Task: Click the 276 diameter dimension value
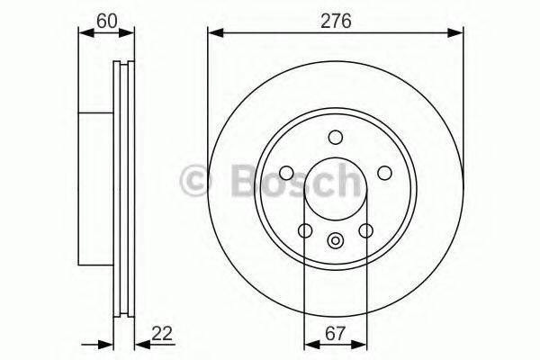(336, 18)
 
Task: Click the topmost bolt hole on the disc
(336, 137)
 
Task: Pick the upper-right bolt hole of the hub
(384, 173)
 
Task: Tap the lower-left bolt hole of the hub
(306, 231)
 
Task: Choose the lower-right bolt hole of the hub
(365, 231)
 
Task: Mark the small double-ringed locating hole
(336, 239)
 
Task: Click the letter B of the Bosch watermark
(232, 180)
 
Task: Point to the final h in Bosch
(346, 180)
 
